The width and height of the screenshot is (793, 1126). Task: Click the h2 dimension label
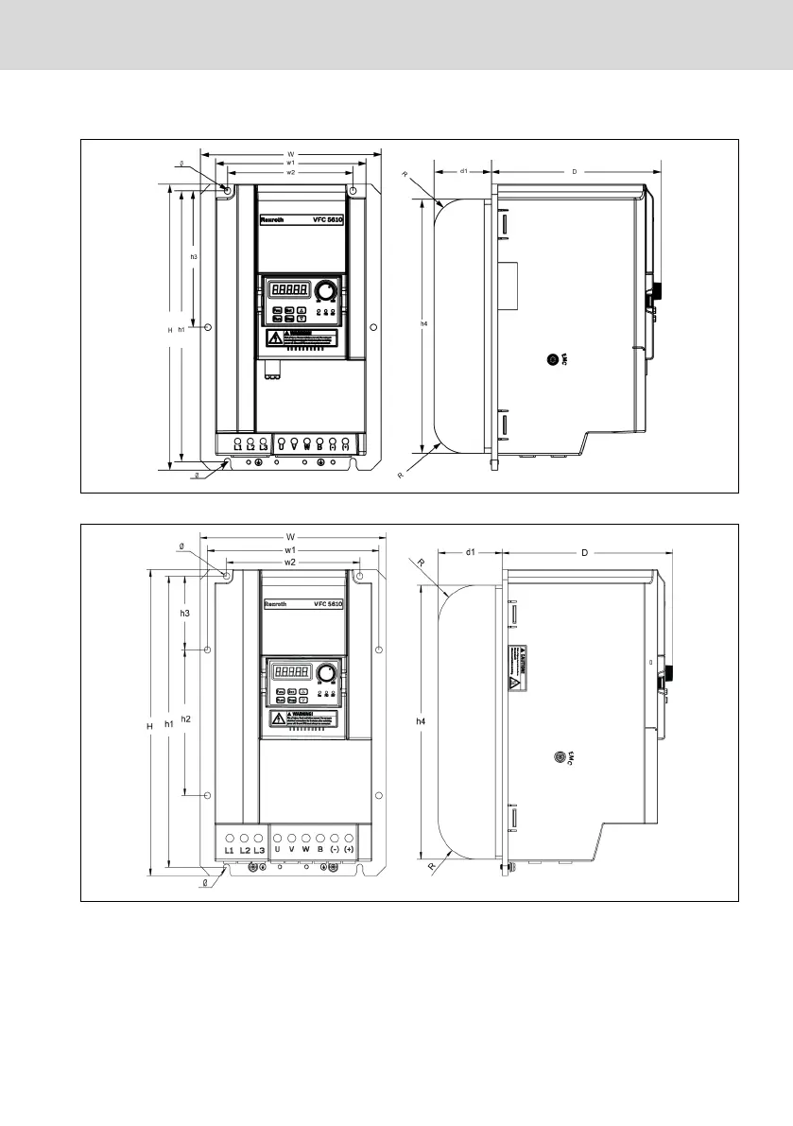pos(186,719)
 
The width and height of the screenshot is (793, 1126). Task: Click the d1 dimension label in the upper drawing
pos(464,171)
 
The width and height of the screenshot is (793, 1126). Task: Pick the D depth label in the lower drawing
pos(584,551)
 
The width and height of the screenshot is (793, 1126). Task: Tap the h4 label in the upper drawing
pos(423,323)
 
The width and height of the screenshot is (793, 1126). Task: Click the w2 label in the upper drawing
pos(291,173)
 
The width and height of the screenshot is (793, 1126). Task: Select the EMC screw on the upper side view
pos(554,359)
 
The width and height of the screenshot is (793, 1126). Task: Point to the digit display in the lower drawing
pos(293,672)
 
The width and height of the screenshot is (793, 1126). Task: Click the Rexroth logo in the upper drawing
pos(271,220)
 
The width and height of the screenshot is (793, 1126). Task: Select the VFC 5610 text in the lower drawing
pos(327,603)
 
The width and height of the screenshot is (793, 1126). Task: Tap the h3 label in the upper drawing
pos(194,257)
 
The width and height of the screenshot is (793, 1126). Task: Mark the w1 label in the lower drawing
pos(291,548)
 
